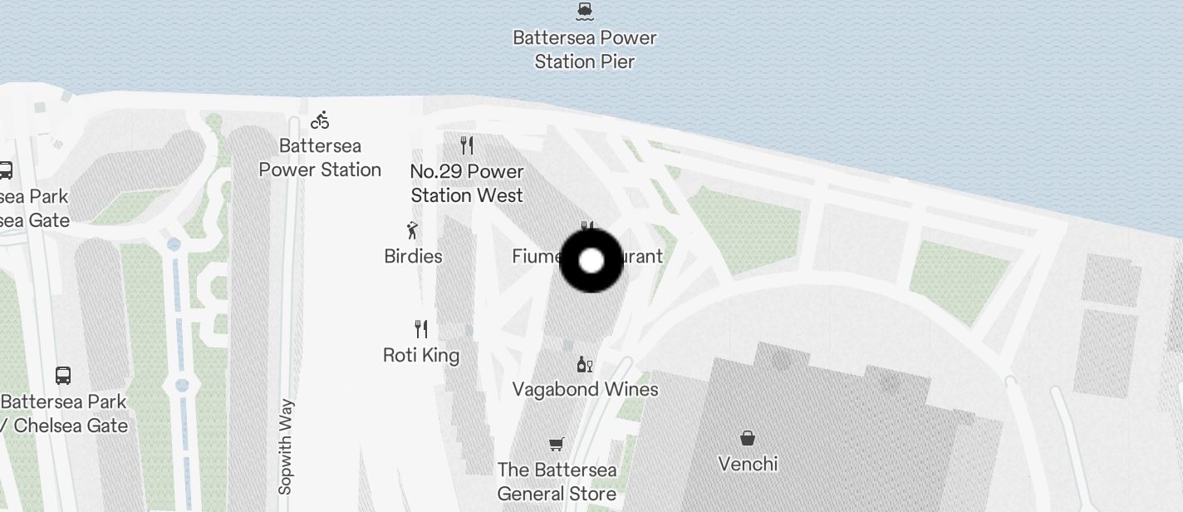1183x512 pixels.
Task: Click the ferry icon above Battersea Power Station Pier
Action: [585, 10]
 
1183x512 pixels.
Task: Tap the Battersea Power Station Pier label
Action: [585, 50]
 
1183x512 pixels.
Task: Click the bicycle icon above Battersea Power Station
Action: [320, 121]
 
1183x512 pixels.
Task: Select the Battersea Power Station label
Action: [320, 158]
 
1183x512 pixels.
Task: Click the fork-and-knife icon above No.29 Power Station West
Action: [467, 146]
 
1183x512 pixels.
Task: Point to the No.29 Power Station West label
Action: [467, 184]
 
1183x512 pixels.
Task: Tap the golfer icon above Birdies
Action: [412, 230]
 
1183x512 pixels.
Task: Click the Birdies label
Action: [413, 256]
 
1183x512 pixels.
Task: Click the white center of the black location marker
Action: [591, 261]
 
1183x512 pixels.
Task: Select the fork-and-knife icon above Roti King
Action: [421, 329]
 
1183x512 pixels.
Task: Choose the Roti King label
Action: [421, 356]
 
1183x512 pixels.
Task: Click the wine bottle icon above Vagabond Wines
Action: [585, 364]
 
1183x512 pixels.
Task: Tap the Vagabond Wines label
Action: [585, 389]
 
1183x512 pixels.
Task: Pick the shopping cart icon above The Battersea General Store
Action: [557, 445]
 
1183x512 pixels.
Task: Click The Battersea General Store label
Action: [557, 482]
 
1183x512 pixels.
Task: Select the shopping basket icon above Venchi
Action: [748, 438]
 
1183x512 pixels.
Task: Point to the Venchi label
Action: [748, 463]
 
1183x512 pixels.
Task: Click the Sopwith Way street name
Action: [287, 447]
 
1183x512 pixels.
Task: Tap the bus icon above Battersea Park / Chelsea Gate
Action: [63, 375]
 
